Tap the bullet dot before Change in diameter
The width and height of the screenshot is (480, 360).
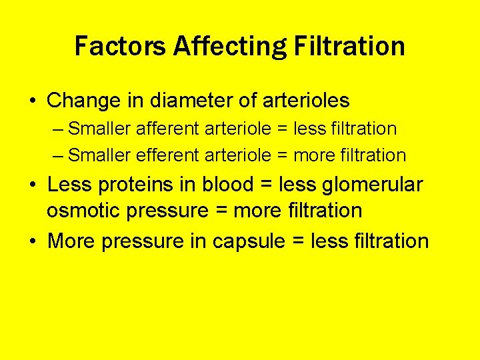pyautogui.click(x=32, y=101)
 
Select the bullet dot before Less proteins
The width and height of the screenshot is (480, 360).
pyautogui.click(x=32, y=185)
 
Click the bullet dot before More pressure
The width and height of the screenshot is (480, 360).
pyautogui.click(x=32, y=241)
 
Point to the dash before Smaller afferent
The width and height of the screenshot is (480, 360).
pyautogui.click(x=58, y=129)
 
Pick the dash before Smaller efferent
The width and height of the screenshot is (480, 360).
pyautogui.click(x=58, y=156)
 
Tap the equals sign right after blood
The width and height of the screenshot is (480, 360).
pyautogui.click(x=267, y=185)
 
